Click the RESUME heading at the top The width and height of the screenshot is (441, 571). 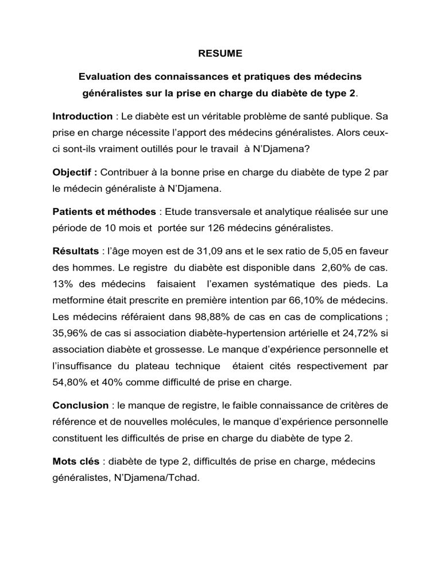click(220, 54)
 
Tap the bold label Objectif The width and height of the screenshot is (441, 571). click(74, 171)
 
